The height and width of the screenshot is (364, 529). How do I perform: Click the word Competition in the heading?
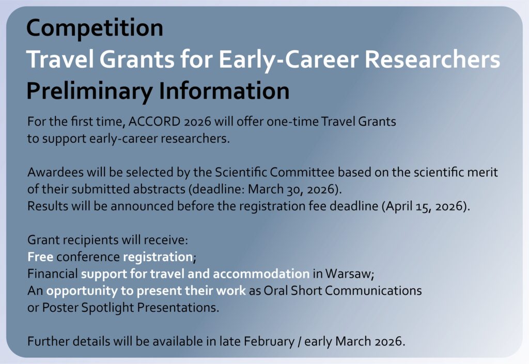click(x=95, y=28)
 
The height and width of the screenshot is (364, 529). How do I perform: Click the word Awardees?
click(x=55, y=172)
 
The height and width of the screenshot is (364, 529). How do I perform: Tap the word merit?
click(x=483, y=172)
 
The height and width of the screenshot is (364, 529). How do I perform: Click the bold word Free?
click(x=40, y=257)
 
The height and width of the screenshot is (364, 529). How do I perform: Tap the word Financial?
click(x=52, y=274)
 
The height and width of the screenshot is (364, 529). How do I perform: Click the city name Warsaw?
click(x=348, y=274)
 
